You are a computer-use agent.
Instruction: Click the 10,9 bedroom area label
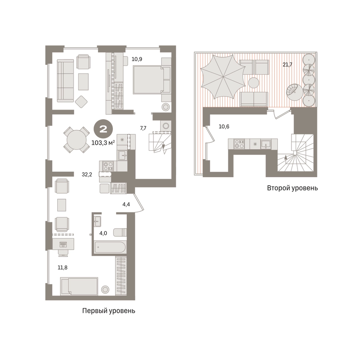pos(137,59)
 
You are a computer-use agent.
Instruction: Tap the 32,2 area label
pos(87,175)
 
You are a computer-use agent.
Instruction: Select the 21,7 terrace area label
pos(287,65)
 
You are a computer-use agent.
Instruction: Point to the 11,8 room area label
pos(62,268)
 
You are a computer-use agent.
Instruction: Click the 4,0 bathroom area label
pos(103,233)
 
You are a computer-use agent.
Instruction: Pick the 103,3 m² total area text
pos(103,143)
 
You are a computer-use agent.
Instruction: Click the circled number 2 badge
pos(103,129)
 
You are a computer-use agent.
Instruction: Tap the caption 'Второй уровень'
pos(292,188)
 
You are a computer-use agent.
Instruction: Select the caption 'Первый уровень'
pos(109,311)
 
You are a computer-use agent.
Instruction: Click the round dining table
pos(77,140)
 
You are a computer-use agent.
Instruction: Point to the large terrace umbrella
pos(222,77)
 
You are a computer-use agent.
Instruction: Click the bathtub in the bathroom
pos(110,248)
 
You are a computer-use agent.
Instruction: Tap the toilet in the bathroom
pos(120,232)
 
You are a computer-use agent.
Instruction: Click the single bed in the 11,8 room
pos(79,286)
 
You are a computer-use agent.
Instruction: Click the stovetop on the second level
pos(239,144)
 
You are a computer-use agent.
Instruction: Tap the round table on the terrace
pos(254,83)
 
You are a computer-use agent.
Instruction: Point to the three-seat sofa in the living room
pos(66,81)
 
